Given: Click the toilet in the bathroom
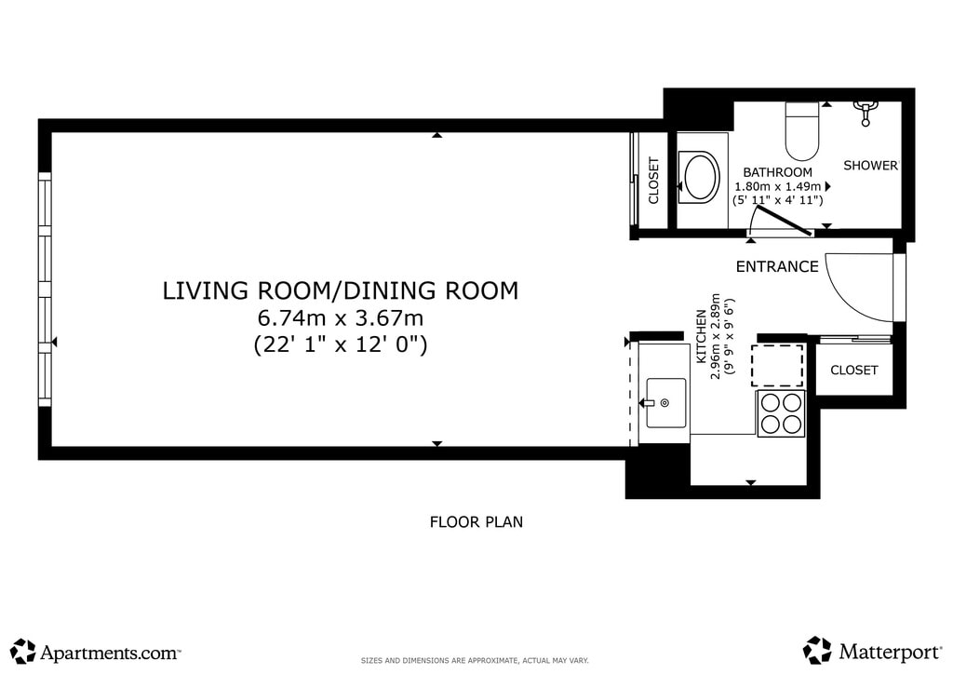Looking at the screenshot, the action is pos(802,130).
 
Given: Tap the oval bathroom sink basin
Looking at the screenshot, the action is pos(702,177).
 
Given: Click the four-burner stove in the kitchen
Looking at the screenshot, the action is pos(781,413).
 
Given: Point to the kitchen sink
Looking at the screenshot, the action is pos(665,402).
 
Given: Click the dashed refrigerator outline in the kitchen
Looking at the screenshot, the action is pos(777,365).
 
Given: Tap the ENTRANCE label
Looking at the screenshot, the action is pos(777,266).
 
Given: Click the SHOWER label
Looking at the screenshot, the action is pos(870,166).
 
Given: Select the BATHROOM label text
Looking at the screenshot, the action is pos(777,172).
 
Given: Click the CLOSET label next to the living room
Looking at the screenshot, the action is pos(653,181).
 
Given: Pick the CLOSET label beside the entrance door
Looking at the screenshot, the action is pos(854,371).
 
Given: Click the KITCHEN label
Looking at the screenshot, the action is pos(702,337).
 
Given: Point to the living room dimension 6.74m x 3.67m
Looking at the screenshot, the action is pos(341,317).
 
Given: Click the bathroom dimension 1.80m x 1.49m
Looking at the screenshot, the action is pos(777,186).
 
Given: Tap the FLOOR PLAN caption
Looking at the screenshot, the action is pos(476,522).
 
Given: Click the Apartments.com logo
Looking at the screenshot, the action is pos(96,652).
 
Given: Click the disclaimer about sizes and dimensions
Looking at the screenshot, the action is pos(475,661).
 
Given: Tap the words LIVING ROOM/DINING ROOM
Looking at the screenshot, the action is pos(341,290).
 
